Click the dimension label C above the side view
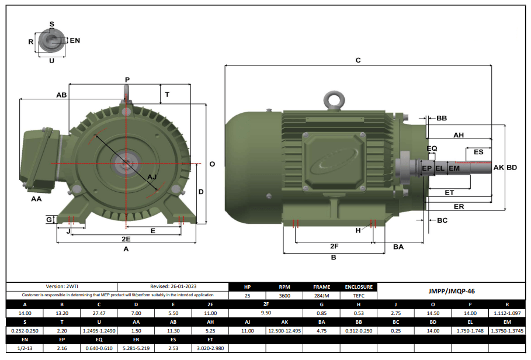358,60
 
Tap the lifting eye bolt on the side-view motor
335,100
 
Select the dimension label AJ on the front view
152,176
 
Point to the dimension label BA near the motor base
398,247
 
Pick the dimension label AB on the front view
61,95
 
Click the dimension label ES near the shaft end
478,152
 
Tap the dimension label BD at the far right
512,168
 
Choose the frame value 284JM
321,296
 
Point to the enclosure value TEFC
358,296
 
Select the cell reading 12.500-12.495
284,330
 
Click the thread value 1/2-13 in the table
24,348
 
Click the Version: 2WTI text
62,287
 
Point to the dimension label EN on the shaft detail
75,41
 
